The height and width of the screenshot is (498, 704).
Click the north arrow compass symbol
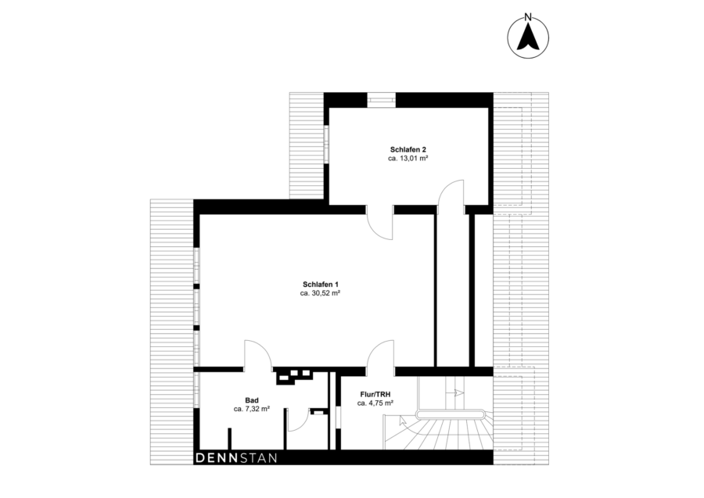528,38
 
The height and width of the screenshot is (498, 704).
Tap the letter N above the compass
528,18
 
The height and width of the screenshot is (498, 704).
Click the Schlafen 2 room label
408,149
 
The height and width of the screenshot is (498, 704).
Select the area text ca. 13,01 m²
408,159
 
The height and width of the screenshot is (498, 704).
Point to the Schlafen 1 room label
320,285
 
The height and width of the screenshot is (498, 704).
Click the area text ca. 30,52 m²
320,293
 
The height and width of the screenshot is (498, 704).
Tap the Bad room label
251,400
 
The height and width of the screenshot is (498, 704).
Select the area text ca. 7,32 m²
251,409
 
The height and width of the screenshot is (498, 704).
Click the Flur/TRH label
375,394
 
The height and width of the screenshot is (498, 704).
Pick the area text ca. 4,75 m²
375,403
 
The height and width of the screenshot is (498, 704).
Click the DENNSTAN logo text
236,458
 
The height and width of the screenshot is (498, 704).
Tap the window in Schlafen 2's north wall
382,99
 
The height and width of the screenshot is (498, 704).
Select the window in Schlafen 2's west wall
327,143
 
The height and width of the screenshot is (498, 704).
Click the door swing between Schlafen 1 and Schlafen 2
380,223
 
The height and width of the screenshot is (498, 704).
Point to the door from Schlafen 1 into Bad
258,354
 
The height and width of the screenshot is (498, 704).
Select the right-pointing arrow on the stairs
459,392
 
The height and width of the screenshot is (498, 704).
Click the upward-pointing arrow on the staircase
402,421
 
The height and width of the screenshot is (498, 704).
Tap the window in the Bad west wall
196,390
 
